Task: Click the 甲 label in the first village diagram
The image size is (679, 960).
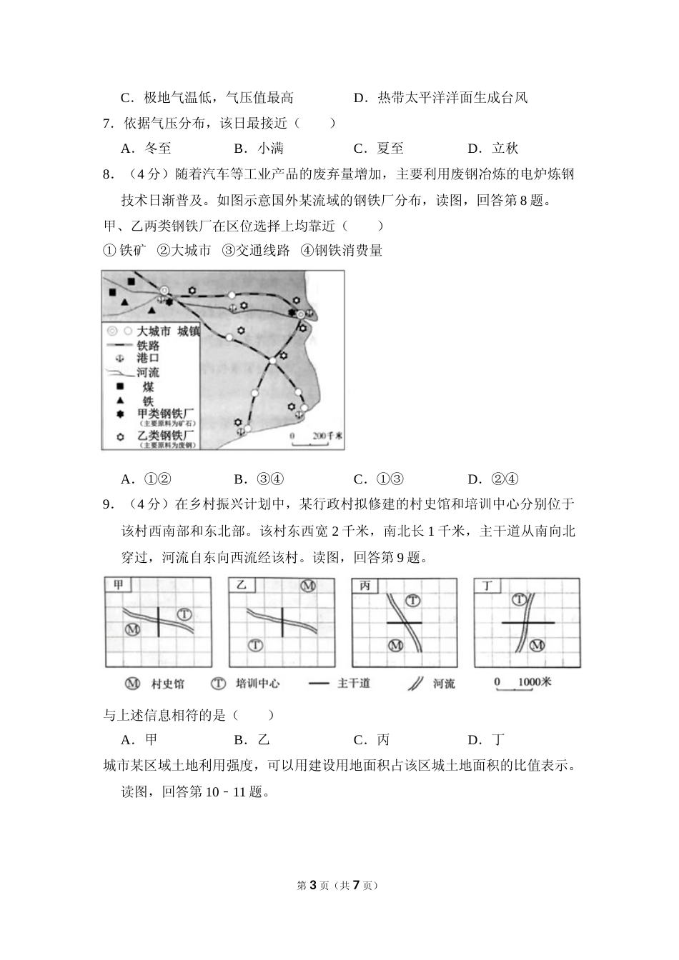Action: [119, 585]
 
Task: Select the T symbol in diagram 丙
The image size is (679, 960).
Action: [413, 601]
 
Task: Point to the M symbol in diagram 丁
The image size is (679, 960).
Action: [537, 645]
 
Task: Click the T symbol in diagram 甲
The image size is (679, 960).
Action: [184, 614]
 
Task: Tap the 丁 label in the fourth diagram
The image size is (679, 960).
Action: [488, 585]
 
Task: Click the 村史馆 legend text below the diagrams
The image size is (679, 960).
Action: [167, 684]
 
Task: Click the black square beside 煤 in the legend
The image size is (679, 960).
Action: [120, 386]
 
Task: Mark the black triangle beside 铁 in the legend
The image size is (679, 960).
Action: [120, 401]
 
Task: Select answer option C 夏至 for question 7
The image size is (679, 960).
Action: [380, 149]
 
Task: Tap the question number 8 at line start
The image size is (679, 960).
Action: [109, 174]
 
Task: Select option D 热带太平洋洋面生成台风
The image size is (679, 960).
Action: [441, 98]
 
